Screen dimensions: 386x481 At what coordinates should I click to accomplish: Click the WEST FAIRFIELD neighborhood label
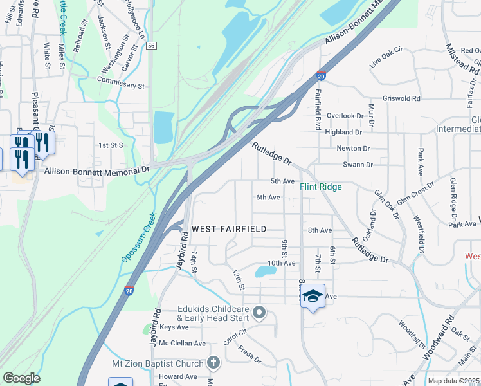pos(229,230)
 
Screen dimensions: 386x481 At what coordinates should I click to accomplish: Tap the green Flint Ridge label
pos(320,187)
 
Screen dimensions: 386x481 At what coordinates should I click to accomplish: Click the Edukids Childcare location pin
pos(259,313)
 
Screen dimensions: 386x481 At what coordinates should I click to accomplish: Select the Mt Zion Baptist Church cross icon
pos(213,363)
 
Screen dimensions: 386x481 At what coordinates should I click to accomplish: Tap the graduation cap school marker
pos(313,296)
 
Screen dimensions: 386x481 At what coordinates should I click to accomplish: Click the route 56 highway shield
pos(150,46)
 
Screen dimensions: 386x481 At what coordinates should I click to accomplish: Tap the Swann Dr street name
pos(358,165)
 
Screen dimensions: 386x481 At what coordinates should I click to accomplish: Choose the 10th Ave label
pos(281,263)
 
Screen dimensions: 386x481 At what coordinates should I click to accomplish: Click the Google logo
pos(21,378)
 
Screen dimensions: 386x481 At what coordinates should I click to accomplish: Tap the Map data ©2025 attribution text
pos(453,381)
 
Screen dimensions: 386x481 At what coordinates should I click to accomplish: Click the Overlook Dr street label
pos(345,116)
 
